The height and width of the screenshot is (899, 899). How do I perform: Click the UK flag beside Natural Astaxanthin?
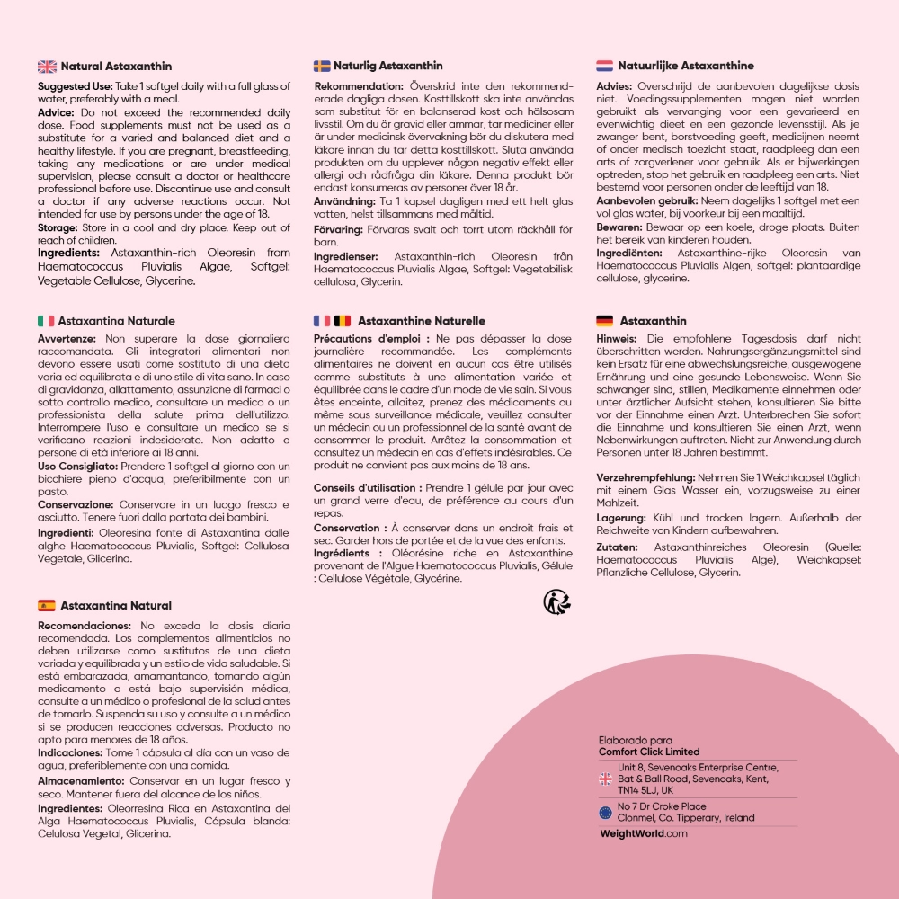tap(47, 67)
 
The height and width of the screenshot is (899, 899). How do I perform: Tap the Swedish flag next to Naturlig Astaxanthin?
tap(322, 66)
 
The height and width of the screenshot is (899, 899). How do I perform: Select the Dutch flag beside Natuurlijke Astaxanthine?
tap(604, 66)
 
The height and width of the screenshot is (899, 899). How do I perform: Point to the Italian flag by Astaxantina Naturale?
tap(46, 321)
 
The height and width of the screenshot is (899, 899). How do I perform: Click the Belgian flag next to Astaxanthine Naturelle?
tap(343, 321)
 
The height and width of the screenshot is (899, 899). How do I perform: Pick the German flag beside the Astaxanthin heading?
tap(604, 321)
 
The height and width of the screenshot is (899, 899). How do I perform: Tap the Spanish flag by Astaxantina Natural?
tap(47, 606)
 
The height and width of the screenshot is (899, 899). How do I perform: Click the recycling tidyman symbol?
tap(555, 601)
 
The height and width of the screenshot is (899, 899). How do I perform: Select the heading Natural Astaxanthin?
tap(116, 67)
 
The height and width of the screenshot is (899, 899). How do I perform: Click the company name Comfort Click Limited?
tap(648, 752)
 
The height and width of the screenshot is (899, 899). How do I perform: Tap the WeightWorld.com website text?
tap(643, 833)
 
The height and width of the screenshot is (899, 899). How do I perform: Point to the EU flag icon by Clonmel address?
tap(605, 813)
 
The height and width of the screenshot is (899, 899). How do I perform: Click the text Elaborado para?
tap(635, 740)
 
